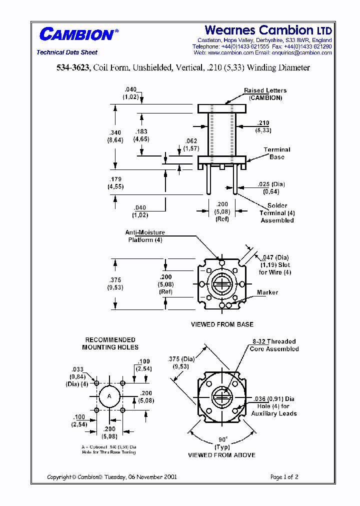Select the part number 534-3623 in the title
pyautogui.click(x=72, y=67)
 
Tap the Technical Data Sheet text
pyautogui.click(x=67, y=52)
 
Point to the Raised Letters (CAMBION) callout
pyautogui.click(x=265, y=94)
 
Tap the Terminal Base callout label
pyautogui.click(x=276, y=153)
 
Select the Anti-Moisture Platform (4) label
pyautogui.click(x=144, y=236)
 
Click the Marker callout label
pyautogui.click(x=267, y=292)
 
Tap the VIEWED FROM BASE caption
pyautogui.click(x=222, y=324)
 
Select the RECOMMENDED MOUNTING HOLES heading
pyautogui.click(x=110, y=343)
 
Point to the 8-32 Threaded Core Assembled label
pyautogui.click(x=274, y=345)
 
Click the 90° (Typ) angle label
pyautogui.click(x=221, y=443)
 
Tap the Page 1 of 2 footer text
pyautogui.click(x=284, y=477)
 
